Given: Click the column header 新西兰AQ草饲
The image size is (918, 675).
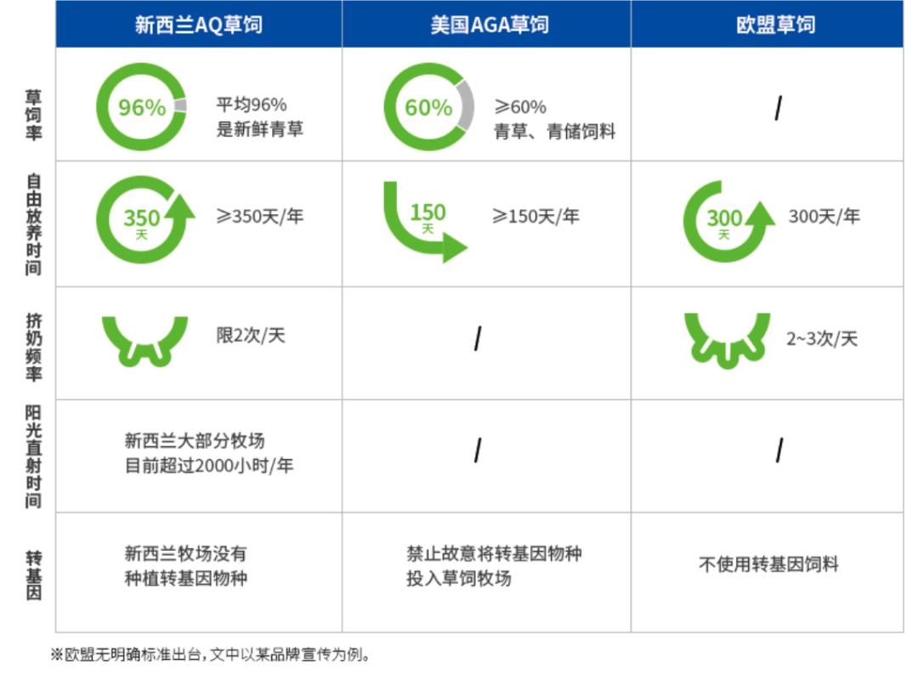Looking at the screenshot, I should [198, 24].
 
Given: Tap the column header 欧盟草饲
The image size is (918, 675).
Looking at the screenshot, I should [775, 24].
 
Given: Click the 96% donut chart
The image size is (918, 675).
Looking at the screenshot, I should [141, 107].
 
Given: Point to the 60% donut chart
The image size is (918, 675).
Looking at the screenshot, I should [428, 107].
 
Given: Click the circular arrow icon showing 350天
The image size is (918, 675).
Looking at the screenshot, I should [142, 220].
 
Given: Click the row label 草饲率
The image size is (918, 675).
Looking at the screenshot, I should [32, 115].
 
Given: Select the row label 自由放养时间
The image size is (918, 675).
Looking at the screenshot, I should [32, 224].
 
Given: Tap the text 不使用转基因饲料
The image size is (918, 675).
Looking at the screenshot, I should [768, 564].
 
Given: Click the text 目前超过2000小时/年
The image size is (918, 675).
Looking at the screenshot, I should [209, 466].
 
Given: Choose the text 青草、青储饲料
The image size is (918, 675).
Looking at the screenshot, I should [555, 132].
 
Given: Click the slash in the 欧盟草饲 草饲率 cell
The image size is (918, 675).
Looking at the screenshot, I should [778, 108].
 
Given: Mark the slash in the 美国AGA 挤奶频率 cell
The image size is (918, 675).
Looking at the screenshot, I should [478, 339].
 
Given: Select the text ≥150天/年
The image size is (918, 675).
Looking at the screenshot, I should [536, 217].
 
